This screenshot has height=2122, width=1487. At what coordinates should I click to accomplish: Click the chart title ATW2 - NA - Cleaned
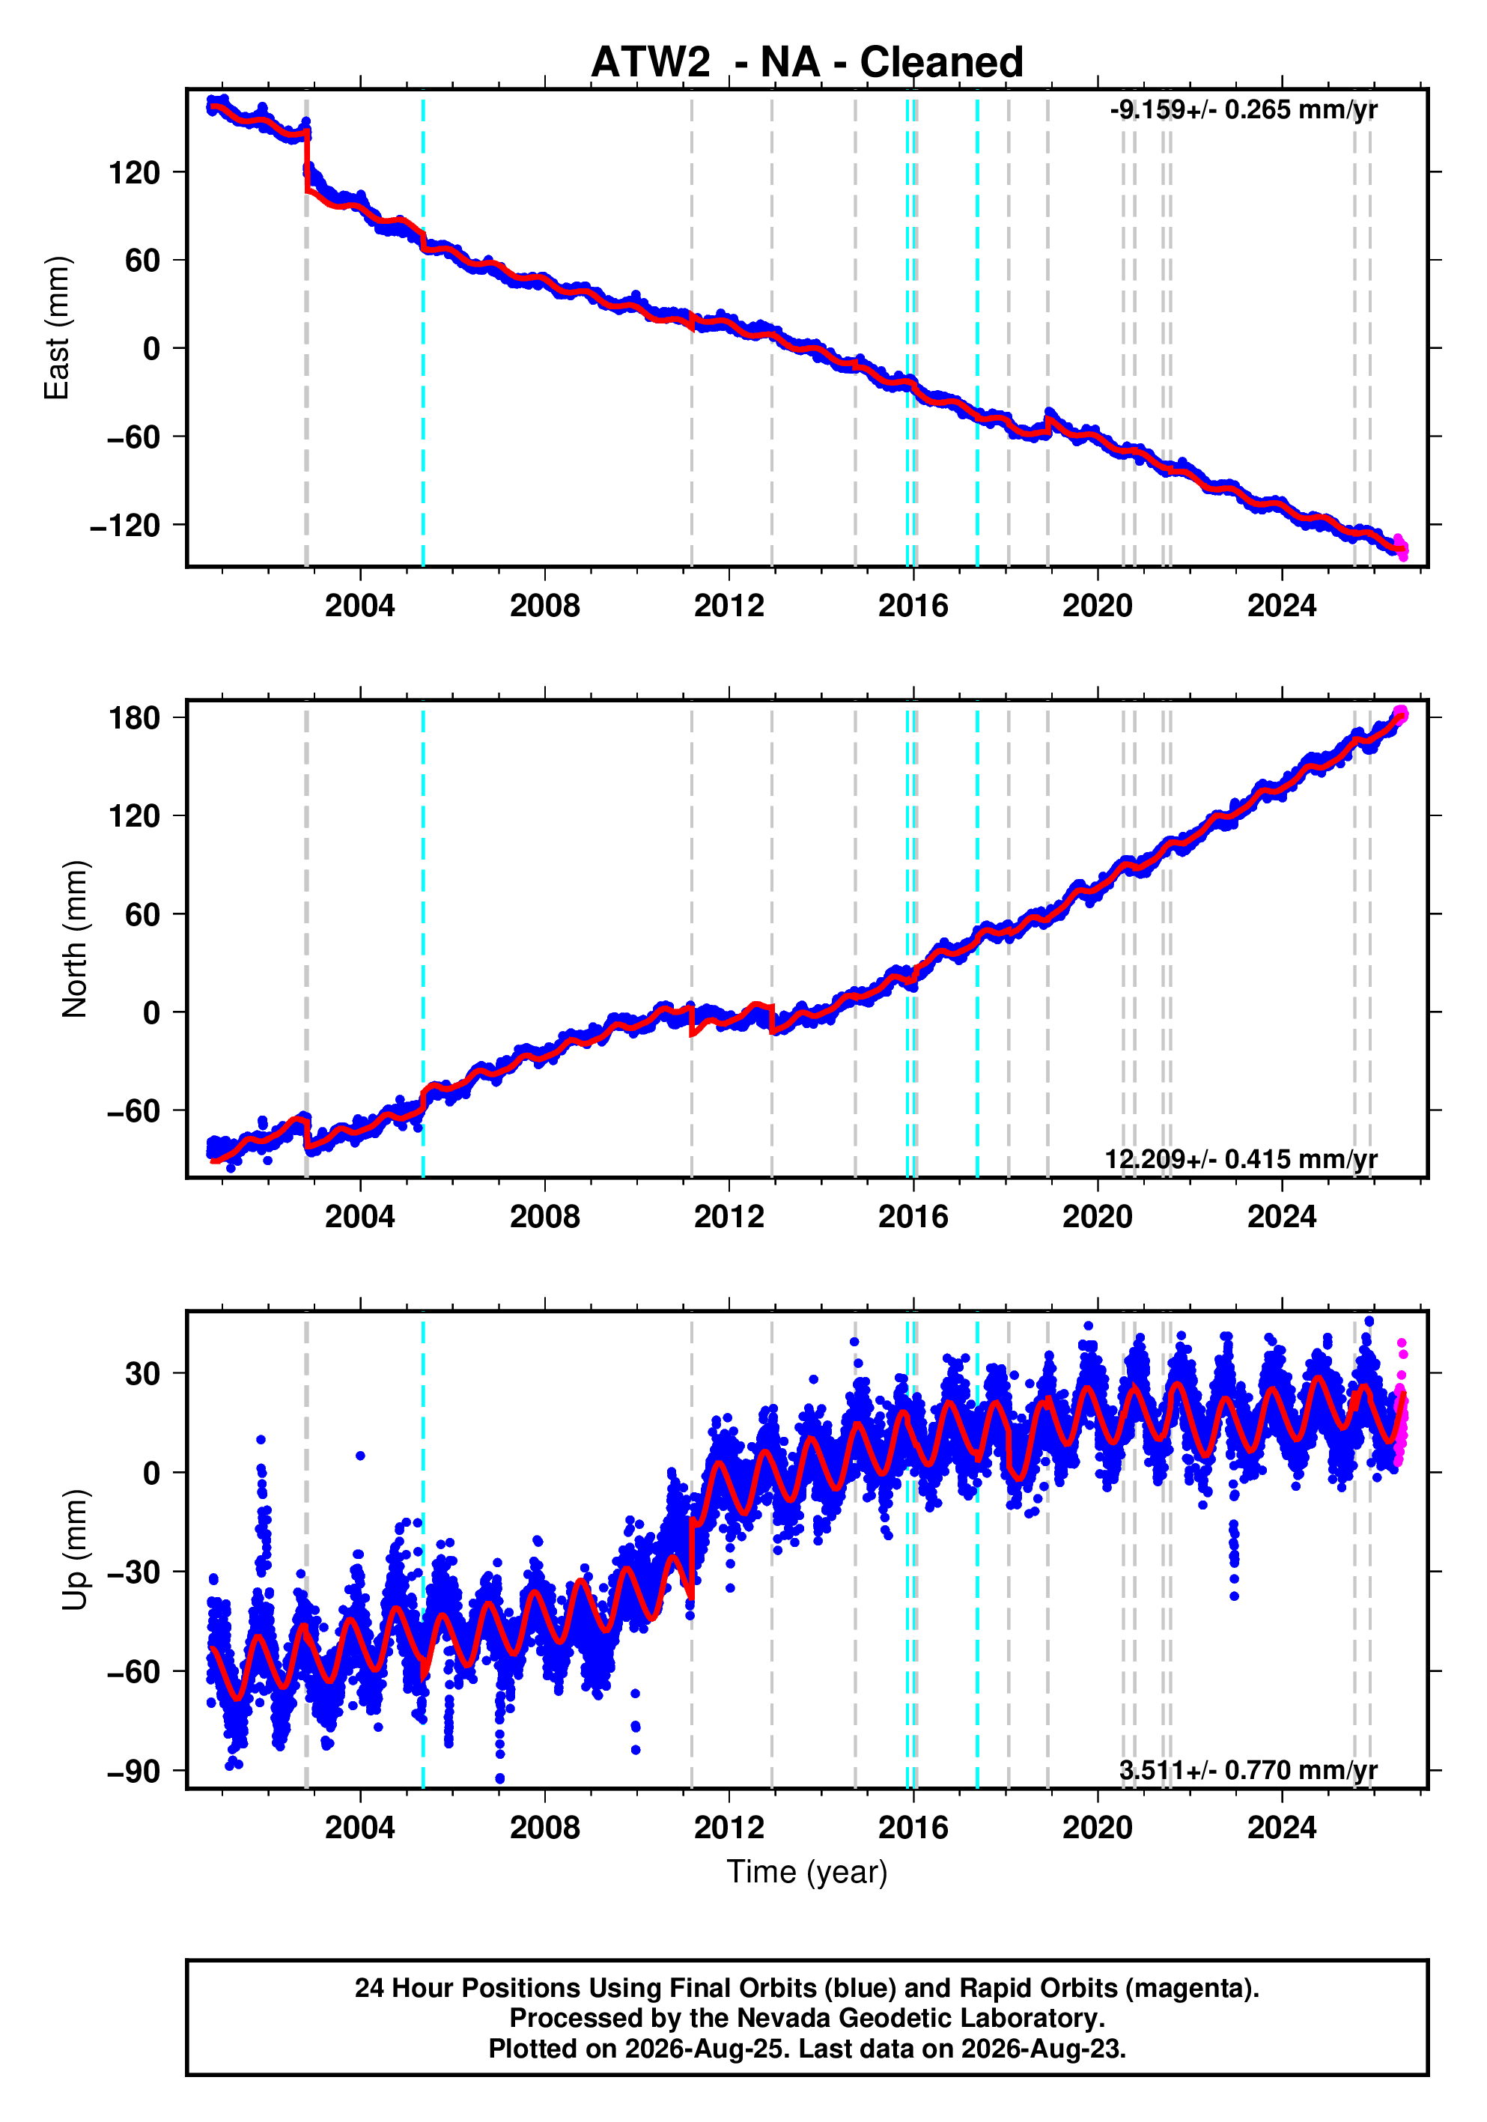[807, 62]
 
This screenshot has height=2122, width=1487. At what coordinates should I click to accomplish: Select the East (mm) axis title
[56, 328]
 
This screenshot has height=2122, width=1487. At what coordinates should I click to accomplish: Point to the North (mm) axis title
[74, 939]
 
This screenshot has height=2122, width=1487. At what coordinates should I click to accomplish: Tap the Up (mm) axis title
[74, 1550]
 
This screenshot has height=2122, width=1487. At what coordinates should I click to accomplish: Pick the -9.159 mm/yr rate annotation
[1243, 109]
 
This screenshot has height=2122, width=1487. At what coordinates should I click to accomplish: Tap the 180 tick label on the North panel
[134, 718]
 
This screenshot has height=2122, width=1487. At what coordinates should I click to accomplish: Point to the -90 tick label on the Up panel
[133, 1771]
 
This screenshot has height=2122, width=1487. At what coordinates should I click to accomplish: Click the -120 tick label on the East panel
[125, 526]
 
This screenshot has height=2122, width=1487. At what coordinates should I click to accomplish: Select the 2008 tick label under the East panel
[544, 606]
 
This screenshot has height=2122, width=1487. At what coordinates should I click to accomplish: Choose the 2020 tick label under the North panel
[1097, 1217]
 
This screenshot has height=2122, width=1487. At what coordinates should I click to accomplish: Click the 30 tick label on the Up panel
[142, 1374]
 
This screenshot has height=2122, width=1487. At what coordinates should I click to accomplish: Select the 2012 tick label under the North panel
[729, 1217]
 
